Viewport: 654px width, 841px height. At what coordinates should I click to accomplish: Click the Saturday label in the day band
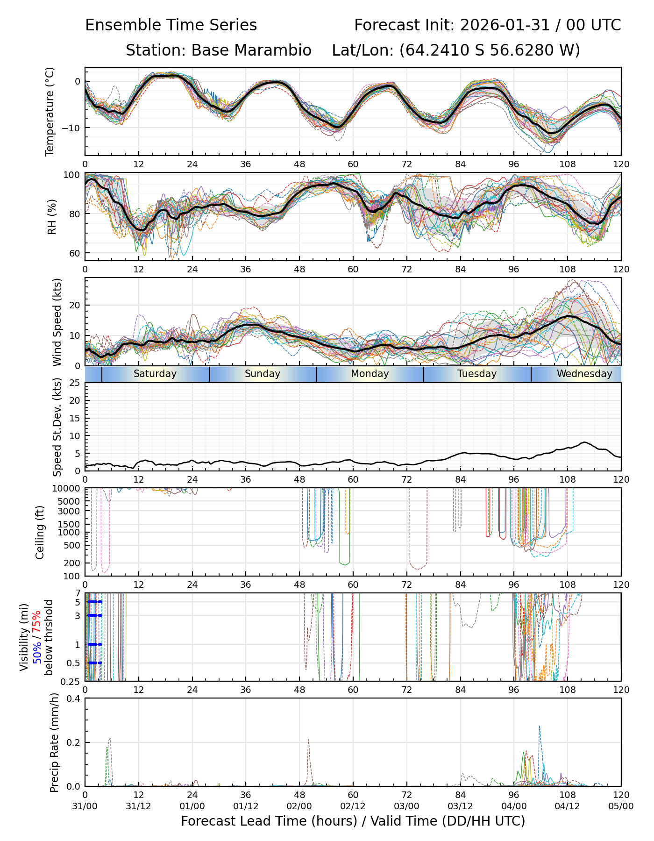pos(155,374)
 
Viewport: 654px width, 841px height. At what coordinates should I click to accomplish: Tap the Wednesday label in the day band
pos(584,374)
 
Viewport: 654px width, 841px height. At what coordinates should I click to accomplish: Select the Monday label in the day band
pos(370,374)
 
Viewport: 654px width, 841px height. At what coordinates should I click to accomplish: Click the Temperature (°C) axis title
pos(50,111)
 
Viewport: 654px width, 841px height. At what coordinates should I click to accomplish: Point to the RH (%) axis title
pos(52,216)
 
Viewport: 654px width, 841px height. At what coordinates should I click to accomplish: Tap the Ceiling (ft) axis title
pos(40,532)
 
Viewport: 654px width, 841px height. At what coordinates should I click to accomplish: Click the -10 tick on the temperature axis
pos(73,128)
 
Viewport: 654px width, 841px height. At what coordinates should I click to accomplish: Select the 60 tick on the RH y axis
pos(75,253)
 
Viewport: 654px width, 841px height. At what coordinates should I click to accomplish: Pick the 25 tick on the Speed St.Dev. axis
pos(75,383)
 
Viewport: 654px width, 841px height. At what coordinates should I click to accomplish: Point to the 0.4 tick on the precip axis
pos(74,698)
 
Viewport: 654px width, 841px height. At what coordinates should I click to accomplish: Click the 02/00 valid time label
pos(299,806)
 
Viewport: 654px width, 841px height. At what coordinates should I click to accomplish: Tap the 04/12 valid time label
pos(568,806)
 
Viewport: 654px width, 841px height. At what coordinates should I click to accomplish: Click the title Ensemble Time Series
pos(171,25)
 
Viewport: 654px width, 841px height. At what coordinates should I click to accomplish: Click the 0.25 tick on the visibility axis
pos(71,681)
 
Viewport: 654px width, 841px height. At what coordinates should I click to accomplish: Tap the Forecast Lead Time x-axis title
pos(353,821)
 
